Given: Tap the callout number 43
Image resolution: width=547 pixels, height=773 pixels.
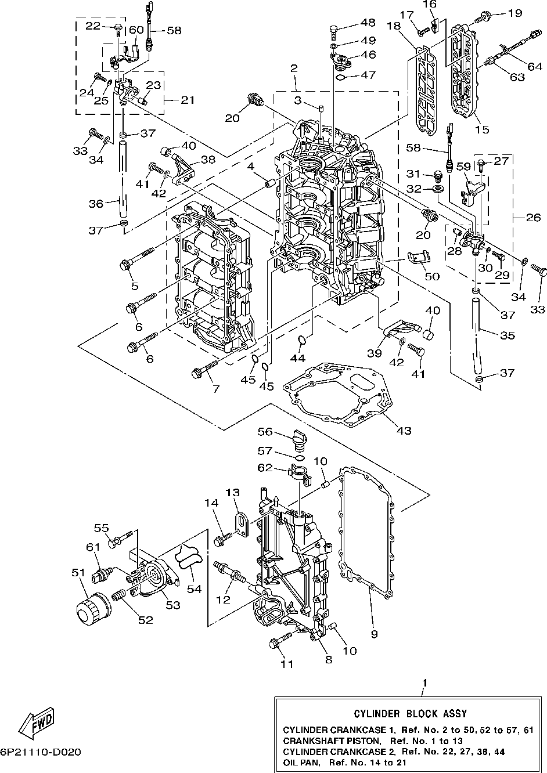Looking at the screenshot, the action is pyautogui.click(x=404, y=431).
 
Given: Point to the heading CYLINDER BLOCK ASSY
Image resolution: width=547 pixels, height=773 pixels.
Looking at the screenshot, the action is pyautogui.click(x=410, y=713).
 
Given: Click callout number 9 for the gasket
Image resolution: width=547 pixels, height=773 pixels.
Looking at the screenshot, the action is pyautogui.click(x=375, y=634).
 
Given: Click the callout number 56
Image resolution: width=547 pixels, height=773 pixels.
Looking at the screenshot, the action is pyautogui.click(x=265, y=431).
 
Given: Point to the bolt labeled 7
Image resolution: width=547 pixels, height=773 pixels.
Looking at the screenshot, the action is pyautogui.click(x=205, y=368).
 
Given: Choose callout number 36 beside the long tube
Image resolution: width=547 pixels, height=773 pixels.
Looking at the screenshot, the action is pyautogui.click(x=96, y=204).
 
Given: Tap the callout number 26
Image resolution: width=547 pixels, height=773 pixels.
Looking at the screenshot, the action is pyautogui.click(x=534, y=218).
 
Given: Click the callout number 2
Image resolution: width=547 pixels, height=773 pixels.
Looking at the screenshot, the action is pyautogui.click(x=293, y=68).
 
